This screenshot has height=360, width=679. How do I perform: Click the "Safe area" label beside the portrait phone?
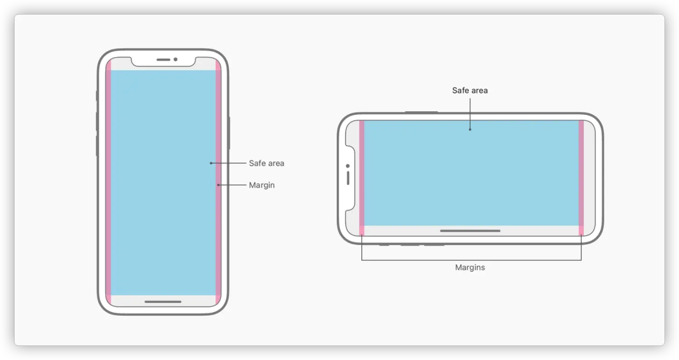pyautogui.click(x=266, y=163)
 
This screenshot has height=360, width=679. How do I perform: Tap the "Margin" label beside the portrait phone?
pyautogui.click(x=262, y=185)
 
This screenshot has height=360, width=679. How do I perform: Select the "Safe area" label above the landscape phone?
pyautogui.click(x=470, y=91)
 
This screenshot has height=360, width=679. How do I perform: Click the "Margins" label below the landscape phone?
pyautogui.click(x=470, y=268)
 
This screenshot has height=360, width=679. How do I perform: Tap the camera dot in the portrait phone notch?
pyautogui.click(x=176, y=59)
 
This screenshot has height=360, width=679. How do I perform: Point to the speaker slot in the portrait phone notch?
pyautogui.click(x=163, y=59)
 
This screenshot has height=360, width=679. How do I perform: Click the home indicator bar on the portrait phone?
pyautogui.click(x=163, y=302)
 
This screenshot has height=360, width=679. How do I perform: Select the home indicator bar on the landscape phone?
pyautogui.click(x=470, y=231)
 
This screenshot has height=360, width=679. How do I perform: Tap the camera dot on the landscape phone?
pyautogui.click(x=348, y=166)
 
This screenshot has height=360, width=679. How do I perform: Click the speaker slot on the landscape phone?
pyautogui.click(x=348, y=178)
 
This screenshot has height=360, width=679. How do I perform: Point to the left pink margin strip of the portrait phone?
pyautogui.click(x=108, y=181)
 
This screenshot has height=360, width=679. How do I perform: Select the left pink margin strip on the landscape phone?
pyautogui.click(x=362, y=177)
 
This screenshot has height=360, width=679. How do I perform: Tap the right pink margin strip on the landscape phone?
pyautogui.click(x=581, y=177)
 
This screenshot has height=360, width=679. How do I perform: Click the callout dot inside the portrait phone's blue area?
pyautogui.click(x=211, y=163)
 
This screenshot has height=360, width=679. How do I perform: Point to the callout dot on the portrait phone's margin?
pyautogui.click(x=218, y=185)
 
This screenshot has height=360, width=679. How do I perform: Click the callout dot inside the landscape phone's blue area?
pyautogui.click(x=470, y=130)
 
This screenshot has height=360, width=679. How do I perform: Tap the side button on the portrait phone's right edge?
pyautogui.click(x=230, y=132)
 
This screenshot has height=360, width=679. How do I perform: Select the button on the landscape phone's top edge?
pyautogui.click(x=421, y=112)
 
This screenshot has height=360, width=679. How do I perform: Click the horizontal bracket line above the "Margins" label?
pyautogui.click(x=471, y=260)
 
